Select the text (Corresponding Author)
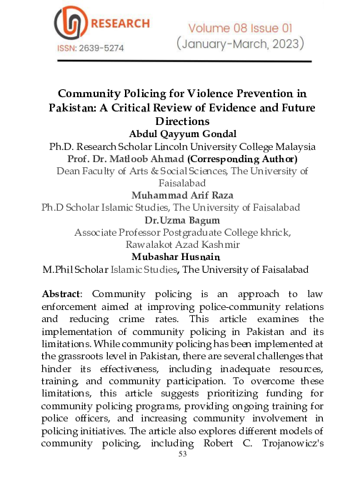coord(242,159)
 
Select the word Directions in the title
coord(180,122)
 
